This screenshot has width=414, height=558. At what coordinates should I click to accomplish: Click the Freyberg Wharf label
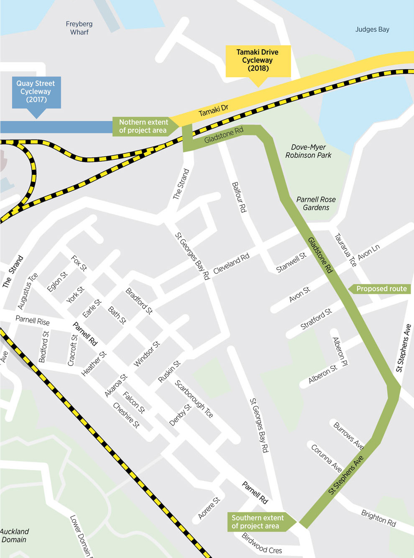[x=79, y=28]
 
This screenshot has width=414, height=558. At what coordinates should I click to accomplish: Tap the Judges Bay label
[x=372, y=29]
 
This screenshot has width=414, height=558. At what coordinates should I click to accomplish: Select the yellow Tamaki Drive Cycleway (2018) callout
[x=258, y=60]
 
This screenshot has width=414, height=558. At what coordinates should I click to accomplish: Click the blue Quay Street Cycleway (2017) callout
[x=36, y=92]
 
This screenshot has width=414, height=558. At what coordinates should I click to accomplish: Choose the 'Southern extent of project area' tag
[x=258, y=522]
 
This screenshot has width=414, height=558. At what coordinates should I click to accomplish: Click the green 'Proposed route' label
[x=381, y=289]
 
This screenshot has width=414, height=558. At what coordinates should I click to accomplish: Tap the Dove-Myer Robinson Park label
[x=309, y=151]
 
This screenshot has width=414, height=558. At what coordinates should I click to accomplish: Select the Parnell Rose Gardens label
[x=316, y=203]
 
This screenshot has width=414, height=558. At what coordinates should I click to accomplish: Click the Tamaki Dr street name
[x=213, y=110]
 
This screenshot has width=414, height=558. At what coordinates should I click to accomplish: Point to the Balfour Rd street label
[x=239, y=197]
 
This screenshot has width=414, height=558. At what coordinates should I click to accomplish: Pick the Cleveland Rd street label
[x=231, y=264]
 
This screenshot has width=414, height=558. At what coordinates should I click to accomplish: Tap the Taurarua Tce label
[x=345, y=250]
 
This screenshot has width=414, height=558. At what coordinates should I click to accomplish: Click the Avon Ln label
[x=368, y=252]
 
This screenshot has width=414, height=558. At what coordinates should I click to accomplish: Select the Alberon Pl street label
[x=340, y=351]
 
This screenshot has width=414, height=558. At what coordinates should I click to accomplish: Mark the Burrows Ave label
[x=348, y=435]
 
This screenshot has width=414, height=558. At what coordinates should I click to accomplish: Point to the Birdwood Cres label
[x=262, y=543]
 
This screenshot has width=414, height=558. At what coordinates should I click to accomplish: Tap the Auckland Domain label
[x=15, y=535]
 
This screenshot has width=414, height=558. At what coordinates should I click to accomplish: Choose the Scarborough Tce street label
[x=194, y=399]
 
